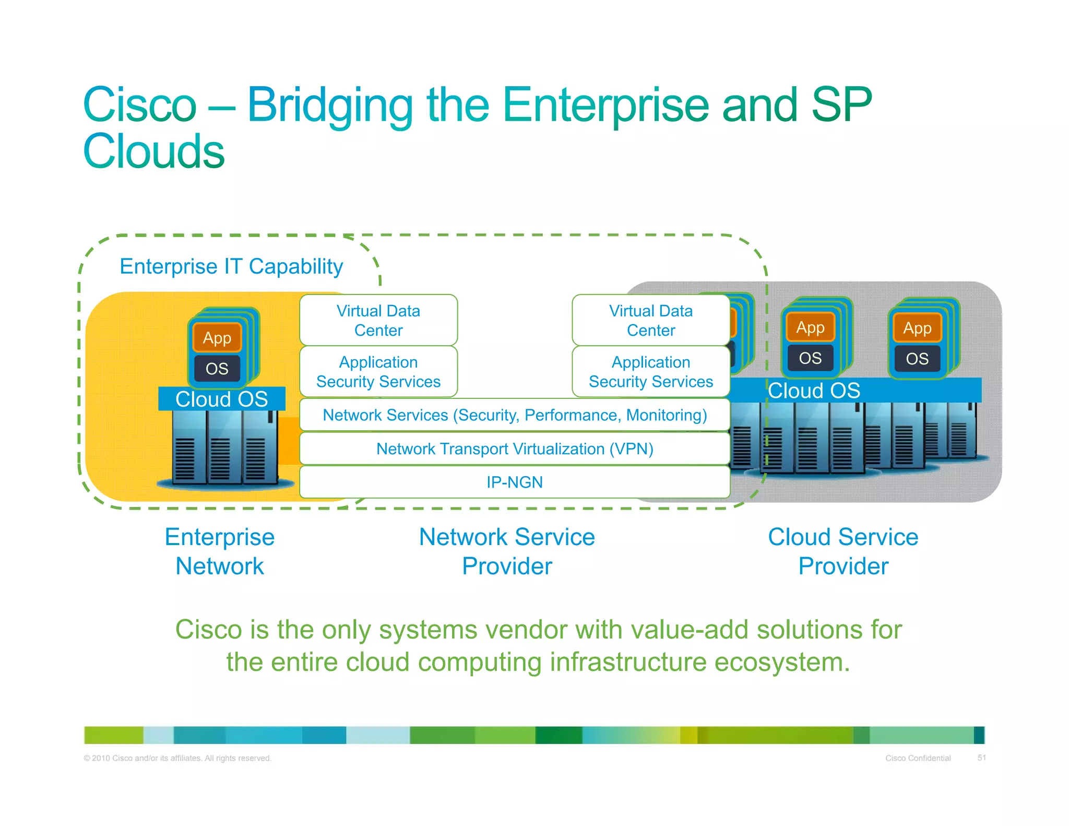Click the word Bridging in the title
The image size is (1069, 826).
coord(330,107)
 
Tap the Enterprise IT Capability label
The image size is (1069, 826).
coord(231,266)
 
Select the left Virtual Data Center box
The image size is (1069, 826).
coord(378,320)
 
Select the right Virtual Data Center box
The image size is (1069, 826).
coord(650,320)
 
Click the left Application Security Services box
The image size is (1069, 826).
coord(378,372)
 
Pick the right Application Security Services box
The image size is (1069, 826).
coord(650,372)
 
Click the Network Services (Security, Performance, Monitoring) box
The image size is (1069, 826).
coord(515,415)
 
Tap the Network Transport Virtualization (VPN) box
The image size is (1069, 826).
coord(515,449)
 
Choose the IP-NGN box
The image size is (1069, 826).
coord(515,482)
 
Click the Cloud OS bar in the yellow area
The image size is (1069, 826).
coord(222,399)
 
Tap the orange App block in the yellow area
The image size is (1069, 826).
coord(217,338)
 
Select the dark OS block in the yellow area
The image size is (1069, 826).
coord(217,369)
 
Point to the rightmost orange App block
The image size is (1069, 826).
coord(917,328)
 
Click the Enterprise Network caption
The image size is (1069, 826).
coord(220,551)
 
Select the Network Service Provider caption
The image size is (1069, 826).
coord(507,551)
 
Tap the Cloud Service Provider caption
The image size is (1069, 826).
coord(843,551)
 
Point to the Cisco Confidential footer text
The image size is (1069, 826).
coord(918,758)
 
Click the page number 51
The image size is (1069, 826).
coord(981,758)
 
